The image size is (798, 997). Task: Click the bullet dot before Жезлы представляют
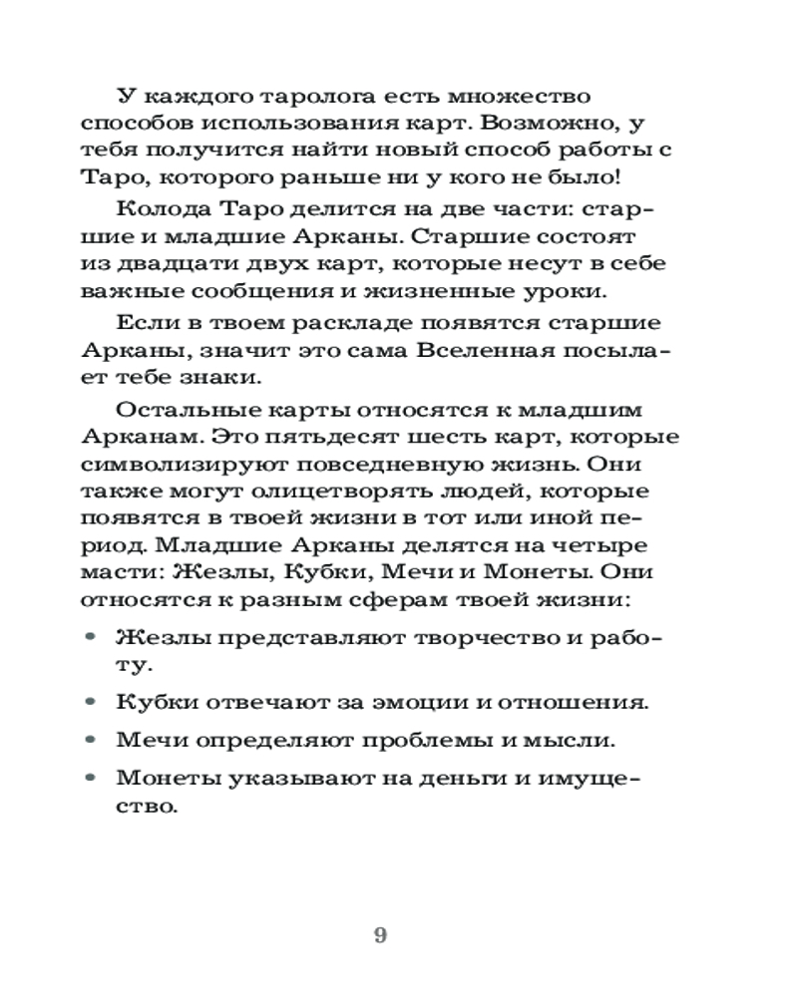tap(93, 635)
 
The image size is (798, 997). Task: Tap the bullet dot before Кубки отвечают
tap(93, 701)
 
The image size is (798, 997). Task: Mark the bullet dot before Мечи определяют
tap(93, 740)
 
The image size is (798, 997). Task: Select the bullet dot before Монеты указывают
tap(93, 778)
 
